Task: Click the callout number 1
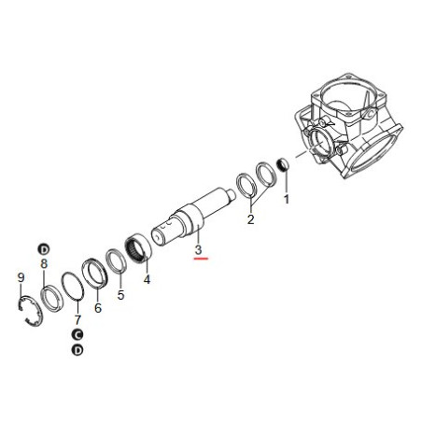click(287, 199)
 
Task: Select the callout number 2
click(250, 219)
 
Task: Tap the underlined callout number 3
click(199, 249)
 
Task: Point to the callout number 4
click(147, 279)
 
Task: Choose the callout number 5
click(120, 295)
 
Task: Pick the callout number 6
click(98, 308)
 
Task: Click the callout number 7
click(77, 319)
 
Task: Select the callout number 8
click(44, 264)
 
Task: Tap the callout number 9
click(21, 277)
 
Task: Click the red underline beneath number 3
click(201, 259)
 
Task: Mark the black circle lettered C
click(77, 334)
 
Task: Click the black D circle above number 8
click(44, 249)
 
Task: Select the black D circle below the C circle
click(77, 350)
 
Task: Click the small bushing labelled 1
click(282, 164)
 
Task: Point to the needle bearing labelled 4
click(138, 248)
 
